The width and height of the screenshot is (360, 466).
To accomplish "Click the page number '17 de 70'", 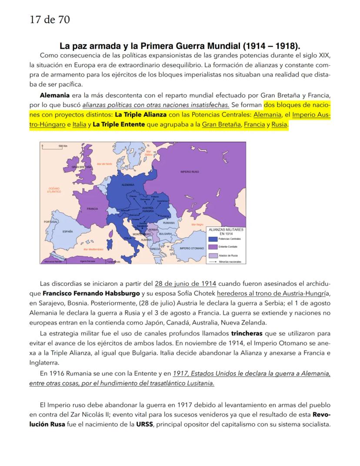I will point(50,20).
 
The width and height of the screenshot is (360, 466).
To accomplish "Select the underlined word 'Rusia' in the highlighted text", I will point(280,125).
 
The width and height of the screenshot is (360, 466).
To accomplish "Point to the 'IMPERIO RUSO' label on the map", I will point(190,172).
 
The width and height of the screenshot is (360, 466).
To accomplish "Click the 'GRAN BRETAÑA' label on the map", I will point(82,167).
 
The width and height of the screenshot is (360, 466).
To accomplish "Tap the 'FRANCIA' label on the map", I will point(92,209).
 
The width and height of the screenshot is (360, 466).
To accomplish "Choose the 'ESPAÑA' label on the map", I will point(67,231).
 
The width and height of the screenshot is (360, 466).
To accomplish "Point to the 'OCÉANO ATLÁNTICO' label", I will point(54,190).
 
